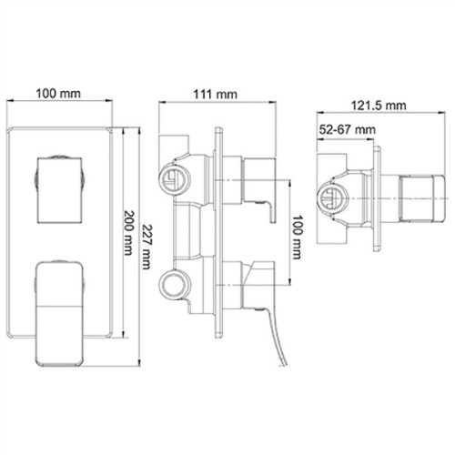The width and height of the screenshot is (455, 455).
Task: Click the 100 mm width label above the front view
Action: (x=58, y=94)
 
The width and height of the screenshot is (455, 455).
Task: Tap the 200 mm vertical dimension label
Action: (x=128, y=233)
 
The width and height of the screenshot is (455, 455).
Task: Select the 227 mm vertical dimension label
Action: (x=146, y=247)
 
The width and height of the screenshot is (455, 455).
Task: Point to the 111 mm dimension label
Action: (x=216, y=95)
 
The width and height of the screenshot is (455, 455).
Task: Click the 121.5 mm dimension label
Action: (x=379, y=106)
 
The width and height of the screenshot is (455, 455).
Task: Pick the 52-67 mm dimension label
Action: (x=348, y=130)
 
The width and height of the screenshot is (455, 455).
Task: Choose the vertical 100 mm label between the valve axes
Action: (x=297, y=238)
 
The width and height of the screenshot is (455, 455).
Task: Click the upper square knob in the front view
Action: (x=60, y=190)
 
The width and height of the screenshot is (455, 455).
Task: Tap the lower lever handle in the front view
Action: (x=59, y=314)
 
